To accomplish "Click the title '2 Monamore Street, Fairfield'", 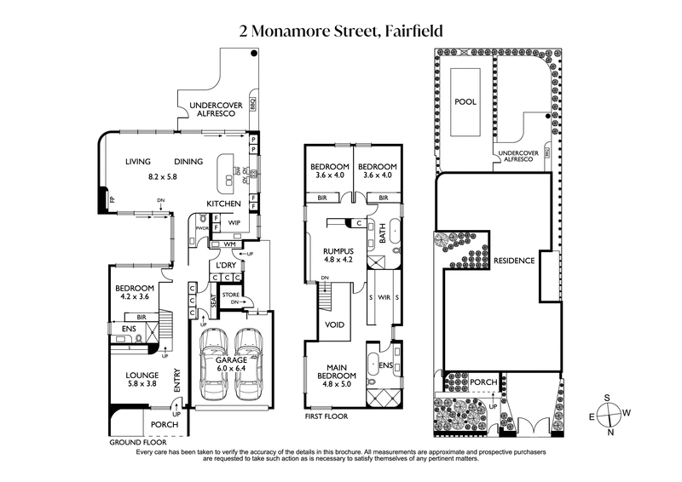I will [x=341, y=32].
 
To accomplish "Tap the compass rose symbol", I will [x=611, y=414].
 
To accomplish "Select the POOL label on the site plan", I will [x=465, y=101].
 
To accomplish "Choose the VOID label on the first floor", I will [x=335, y=325].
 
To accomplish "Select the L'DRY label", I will [x=226, y=266].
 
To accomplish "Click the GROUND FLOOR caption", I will [x=132, y=444].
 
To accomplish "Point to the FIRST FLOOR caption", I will [x=327, y=418].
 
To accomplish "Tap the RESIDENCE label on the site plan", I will [x=513, y=261].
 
